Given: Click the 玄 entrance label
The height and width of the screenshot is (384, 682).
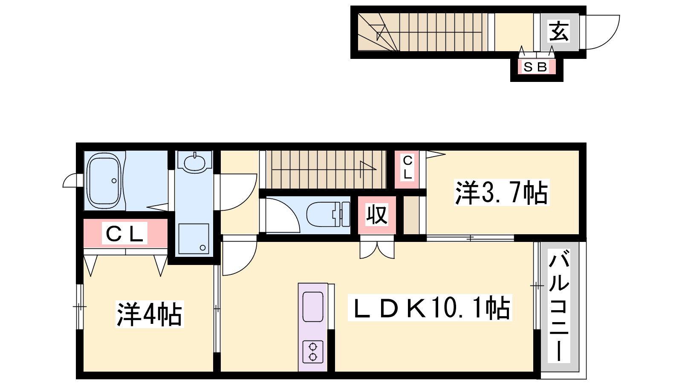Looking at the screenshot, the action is tap(559, 32).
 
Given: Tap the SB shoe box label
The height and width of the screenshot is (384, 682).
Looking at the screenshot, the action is tap(536, 67).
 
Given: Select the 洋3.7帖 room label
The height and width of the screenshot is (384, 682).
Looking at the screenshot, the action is tap(501, 192).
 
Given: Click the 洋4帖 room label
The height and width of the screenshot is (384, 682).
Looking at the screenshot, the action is tap(150, 314).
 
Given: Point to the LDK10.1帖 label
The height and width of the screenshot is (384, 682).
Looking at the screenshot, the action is tap(430, 308).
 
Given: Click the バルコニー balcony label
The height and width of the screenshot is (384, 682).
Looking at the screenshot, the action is tap(559, 305).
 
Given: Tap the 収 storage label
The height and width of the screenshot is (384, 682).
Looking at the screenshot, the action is tap(377, 215).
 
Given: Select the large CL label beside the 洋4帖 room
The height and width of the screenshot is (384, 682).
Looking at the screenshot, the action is tap(124, 233).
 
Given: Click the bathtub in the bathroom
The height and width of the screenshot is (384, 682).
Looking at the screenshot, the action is tap(104, 180).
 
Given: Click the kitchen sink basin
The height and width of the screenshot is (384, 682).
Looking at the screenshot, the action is tap(313, 307).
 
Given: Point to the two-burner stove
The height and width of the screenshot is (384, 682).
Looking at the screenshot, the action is tap(313, 352).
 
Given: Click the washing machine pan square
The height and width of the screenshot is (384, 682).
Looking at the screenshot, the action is tap(194, 239).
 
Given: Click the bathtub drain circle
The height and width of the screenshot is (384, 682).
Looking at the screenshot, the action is tap(114, 181).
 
